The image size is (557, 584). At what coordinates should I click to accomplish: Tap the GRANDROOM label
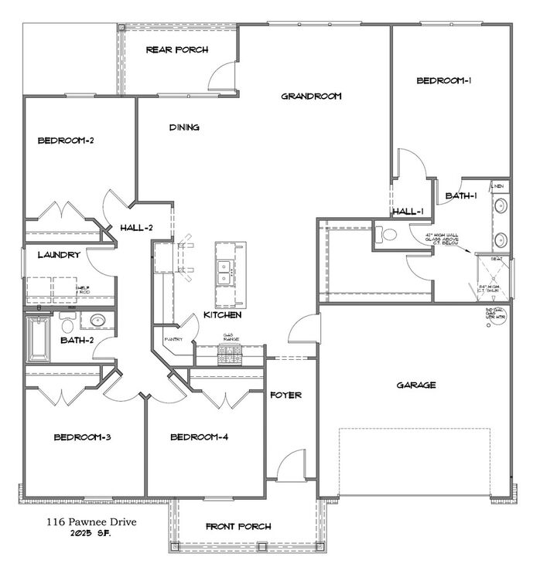click(311, 97)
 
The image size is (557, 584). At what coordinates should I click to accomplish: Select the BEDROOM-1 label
click(444, 80)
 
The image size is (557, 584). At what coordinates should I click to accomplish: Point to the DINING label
click(184, 127)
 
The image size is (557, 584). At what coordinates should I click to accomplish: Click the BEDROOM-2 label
click(66, 141)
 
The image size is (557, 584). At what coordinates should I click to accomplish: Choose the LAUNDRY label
click(58, 255)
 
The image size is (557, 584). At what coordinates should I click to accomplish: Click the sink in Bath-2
click(97, 321)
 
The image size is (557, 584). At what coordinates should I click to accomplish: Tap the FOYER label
click(285, 395)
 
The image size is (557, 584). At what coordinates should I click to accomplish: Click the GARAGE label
click(416, 385)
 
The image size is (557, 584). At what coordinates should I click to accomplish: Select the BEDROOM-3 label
click(83, 437)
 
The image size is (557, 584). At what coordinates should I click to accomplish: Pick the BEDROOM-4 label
click(199, 437)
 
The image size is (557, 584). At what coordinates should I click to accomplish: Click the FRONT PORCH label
click(238, 527)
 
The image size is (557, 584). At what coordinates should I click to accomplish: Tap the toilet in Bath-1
click(386, 234)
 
